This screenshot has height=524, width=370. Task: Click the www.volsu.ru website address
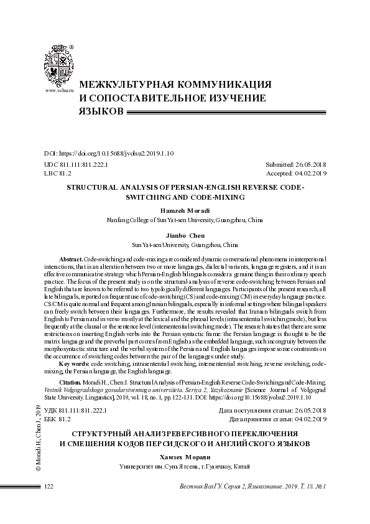coord(60,91)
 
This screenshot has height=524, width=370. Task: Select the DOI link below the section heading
coord(109,153)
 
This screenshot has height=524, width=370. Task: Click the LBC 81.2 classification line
coord(58,174)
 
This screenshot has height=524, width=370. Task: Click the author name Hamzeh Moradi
coord(185,211)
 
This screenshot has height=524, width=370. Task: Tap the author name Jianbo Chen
coord(185,236)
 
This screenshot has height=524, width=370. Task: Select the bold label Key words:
coord(73,363)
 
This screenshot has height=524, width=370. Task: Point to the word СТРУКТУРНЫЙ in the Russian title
coord(101,433)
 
